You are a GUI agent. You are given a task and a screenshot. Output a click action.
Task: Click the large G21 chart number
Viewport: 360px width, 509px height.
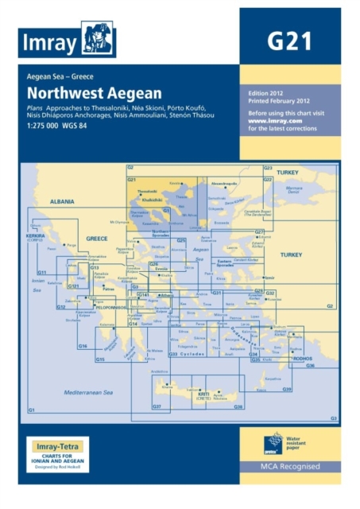(289, 41)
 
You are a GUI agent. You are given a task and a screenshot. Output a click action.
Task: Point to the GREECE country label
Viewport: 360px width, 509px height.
(96, 239)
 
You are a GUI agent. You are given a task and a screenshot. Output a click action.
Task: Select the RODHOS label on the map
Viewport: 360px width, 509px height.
(304, 357)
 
